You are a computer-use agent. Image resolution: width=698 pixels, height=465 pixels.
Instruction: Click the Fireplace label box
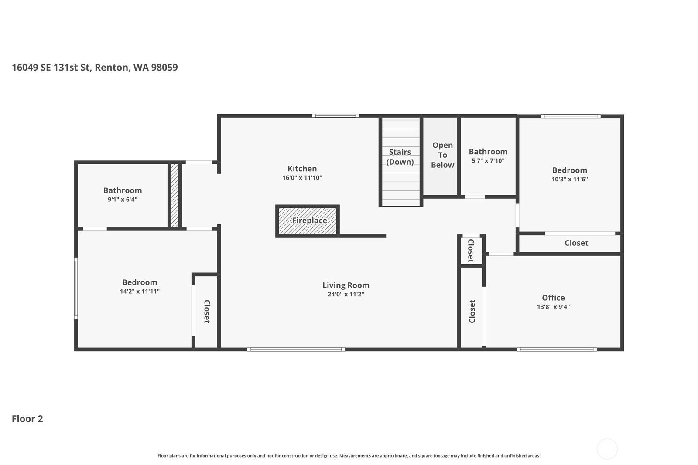point(309,221)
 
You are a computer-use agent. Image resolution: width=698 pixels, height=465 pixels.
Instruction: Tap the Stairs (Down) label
point(400,157)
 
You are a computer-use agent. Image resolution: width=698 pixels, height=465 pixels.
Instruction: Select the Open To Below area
point(442,155)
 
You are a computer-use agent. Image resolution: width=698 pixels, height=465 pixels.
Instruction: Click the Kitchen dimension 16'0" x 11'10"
point(302,178)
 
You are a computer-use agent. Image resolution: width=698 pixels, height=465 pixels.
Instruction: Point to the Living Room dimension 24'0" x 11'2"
point(346,295)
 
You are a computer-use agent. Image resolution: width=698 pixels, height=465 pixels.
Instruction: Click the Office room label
point(553,298)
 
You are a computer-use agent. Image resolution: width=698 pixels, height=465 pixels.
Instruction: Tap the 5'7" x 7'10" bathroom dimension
point(488,161)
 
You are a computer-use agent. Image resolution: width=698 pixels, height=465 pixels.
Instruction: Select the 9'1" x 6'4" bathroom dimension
point(122,200)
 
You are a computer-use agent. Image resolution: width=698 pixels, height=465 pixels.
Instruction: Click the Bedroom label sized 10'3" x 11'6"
point(569,170)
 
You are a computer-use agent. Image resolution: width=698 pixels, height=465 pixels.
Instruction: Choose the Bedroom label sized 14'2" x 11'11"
point(139,282)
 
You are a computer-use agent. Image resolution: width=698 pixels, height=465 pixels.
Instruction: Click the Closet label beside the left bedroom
point(207,311)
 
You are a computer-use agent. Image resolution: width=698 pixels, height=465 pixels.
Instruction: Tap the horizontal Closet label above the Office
point(576,243)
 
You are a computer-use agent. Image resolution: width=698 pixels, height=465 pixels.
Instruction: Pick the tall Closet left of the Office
point(472,311)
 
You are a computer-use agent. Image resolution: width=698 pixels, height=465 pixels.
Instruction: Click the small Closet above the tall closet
point(471,251)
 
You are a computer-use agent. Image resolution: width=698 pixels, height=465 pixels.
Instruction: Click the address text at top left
point(95,68)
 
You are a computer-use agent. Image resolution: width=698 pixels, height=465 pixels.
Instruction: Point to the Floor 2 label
point(27,419)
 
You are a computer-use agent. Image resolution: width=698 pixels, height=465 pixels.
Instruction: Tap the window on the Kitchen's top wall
point(335,116)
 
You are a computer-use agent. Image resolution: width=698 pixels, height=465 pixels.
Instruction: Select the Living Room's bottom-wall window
point(296,349)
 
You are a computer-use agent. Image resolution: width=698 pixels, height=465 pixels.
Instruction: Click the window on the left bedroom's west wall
point(76,288)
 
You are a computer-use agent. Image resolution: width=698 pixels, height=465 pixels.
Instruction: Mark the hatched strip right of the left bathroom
point(174,195)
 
